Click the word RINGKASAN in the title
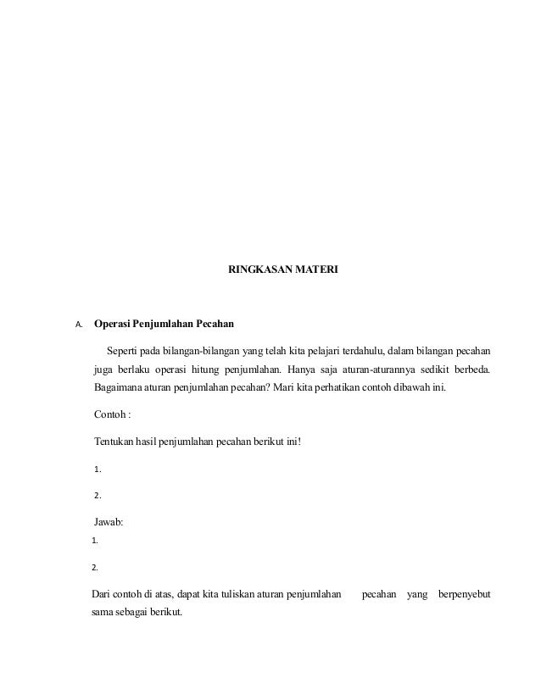point(259,269)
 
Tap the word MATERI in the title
point(317,269)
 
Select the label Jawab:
point(108,522)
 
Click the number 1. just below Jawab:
point(95,540)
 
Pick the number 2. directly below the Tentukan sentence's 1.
point(98,495)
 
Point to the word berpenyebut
point(464,592)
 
